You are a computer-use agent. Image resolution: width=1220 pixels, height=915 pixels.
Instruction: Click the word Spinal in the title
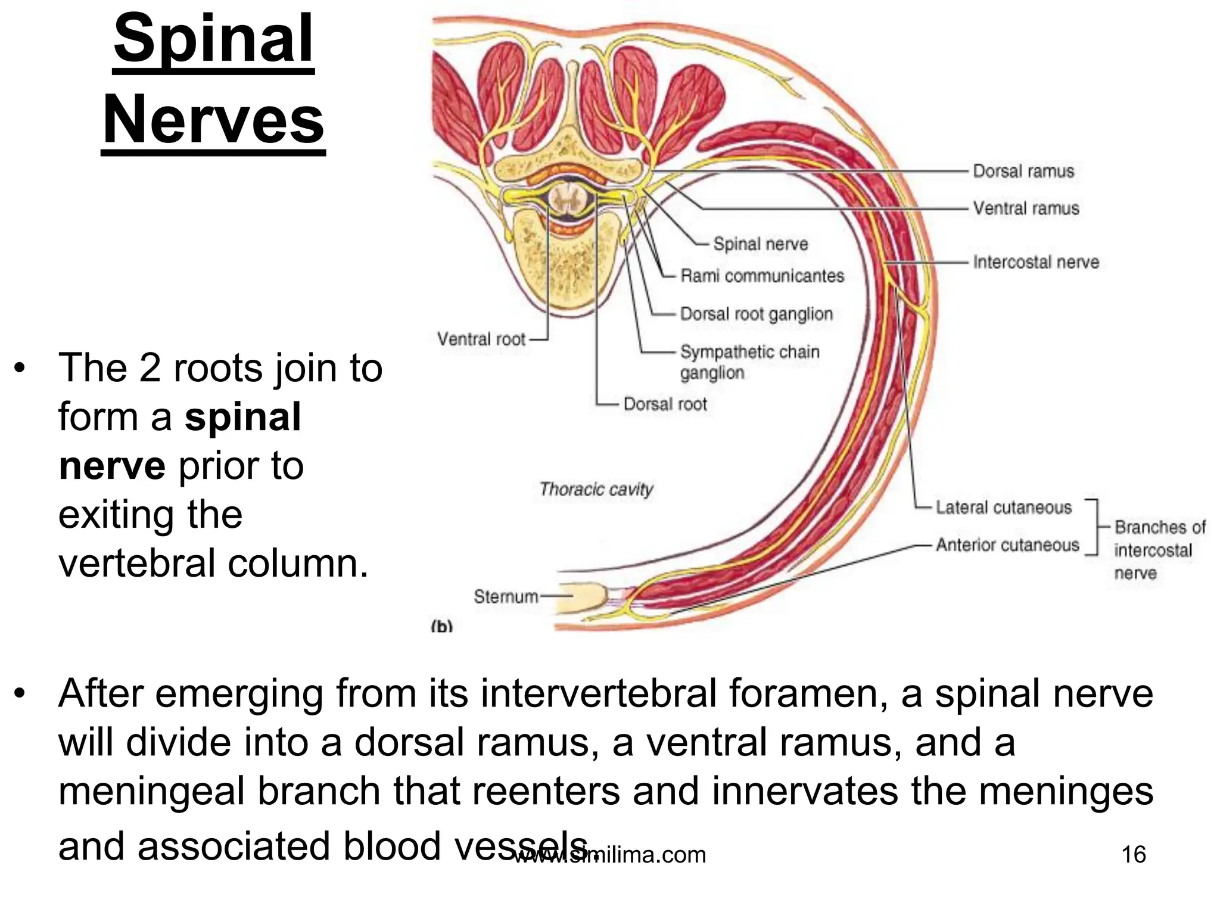[x=213, y=41]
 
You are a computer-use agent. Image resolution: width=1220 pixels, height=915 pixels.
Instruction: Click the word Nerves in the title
[x=213, y=120]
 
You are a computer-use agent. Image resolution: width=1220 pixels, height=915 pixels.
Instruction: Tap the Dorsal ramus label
[x=1023, y=172]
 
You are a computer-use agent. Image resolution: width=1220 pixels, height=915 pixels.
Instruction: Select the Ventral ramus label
[x=1026, y=208]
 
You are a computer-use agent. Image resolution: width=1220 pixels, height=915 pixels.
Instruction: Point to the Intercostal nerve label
[x=1035, y=262]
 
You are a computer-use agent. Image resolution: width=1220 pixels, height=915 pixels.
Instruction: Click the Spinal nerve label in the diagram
[x=760, y=244]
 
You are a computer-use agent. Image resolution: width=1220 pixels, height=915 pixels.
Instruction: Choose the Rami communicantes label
[x=762, y=276]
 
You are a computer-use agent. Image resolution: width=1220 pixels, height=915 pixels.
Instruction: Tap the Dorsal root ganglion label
[x=756, y=314]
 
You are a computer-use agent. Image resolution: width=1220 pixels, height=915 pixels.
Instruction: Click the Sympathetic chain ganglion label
[x=749, y=362]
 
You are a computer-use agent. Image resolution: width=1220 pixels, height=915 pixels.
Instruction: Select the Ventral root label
[x=481, y=340]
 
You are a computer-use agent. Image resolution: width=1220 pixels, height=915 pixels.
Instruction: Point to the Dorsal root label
[x=665, y=404]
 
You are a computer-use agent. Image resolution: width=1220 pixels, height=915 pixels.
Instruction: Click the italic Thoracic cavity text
[x=596, y=490]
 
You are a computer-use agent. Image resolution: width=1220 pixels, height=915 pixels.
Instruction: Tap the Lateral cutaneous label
[x=1003, y=508]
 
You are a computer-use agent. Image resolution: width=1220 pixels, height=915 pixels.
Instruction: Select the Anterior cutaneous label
[x=1007, y=545]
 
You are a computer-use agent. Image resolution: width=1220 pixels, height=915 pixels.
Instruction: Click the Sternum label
[x=505, y=596]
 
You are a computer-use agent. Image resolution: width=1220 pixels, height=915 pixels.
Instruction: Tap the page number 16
[x=1133, y=854]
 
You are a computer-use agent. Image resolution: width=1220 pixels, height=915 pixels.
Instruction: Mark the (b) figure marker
[x=441, y=626]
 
